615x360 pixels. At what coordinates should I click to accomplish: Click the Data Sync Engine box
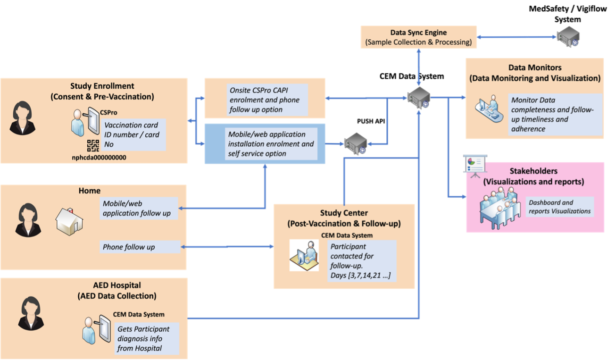418,37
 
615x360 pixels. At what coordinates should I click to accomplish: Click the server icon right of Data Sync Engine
567,37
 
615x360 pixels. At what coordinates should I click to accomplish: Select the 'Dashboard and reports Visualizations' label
560,207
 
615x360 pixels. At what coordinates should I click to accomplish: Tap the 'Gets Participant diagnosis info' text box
148,338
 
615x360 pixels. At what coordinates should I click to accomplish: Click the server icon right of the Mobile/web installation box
355,143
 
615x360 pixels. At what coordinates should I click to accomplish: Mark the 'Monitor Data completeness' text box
555,114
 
